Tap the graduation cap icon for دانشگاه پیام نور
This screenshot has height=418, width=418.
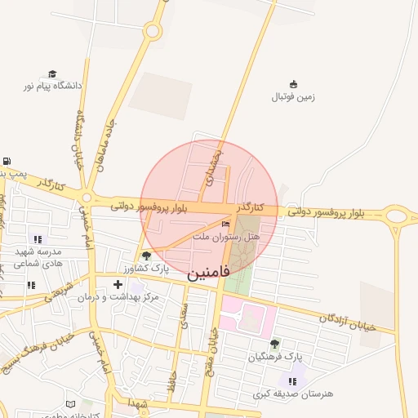pyautogui.click(x=53, y=74)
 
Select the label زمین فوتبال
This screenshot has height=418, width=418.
pyautogui.click(x=293, y=96)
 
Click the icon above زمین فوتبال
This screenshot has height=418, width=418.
pyautogui.click(x=293, y=84)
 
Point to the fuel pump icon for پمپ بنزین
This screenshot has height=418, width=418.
pyautogui.click(x=7, y=162)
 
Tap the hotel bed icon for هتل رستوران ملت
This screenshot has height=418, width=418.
pyautogui.click(x=226, y=225)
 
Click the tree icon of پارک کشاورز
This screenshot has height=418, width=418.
pyautogui.click(x=147, y=256)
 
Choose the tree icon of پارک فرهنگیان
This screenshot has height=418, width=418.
pyautogui.click(x=274, y=344)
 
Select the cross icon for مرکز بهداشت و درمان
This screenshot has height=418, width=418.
pyautogui.click(x=118, y=284)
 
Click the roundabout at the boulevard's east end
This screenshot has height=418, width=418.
pyautogui.click(x=397, y=216)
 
